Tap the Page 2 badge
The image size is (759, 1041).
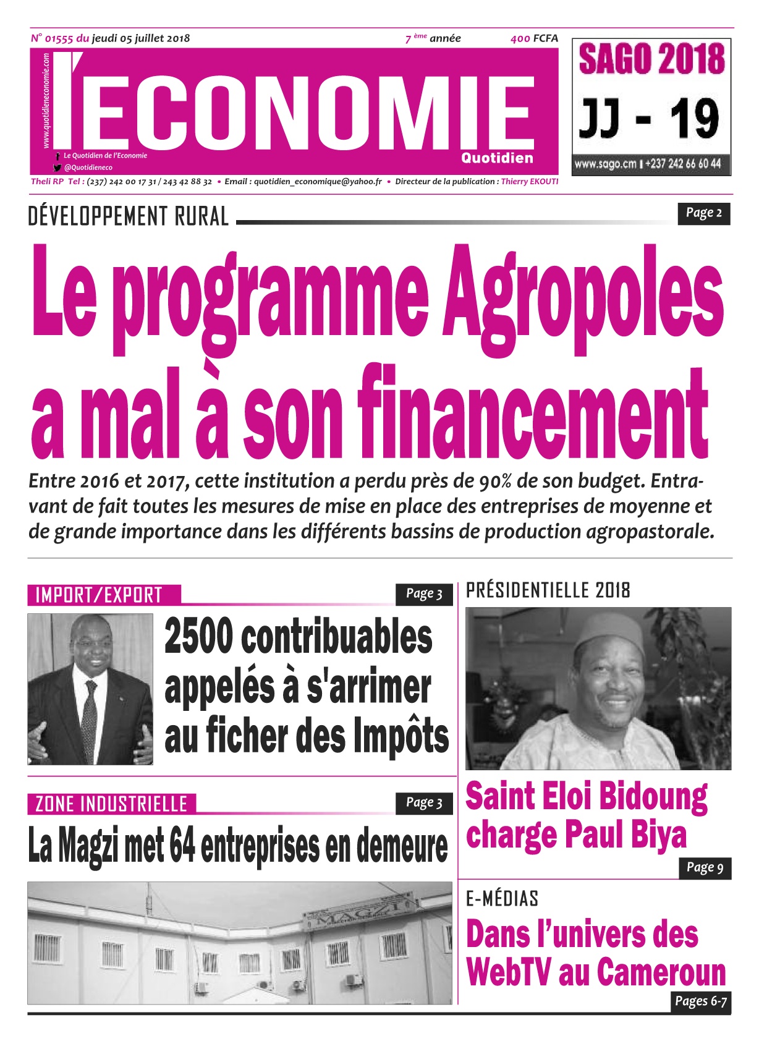point(703,213)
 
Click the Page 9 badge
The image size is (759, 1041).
point(705,868)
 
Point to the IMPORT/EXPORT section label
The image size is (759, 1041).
point(99,595)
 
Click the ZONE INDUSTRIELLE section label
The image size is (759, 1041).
point(111,804)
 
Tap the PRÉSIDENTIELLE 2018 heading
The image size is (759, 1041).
point(548,590)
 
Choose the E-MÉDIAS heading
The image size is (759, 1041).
point(502,898)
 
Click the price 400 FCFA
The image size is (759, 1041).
point(534,38)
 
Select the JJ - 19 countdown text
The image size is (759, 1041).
point(649,119)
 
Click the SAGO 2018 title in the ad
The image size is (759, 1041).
point(651,60)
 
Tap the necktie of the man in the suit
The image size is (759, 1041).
point(90,717)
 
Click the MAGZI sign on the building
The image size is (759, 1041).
point(358,914)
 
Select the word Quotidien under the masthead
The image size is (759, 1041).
point(496,158)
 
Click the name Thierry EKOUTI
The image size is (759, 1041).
point(529,182)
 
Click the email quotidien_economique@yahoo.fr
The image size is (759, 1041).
point(318,182)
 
